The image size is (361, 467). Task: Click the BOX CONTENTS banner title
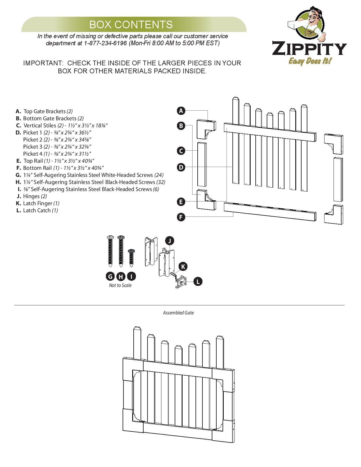(131, 25)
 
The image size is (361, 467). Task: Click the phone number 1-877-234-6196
(105, 43)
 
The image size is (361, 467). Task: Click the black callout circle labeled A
(181, 111)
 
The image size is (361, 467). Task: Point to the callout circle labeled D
(181, 167)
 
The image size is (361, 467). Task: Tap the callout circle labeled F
(181, 217)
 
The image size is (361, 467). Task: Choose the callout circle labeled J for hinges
(169, 241)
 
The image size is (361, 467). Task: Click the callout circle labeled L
(198, 281)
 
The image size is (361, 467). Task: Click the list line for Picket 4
(57, 154)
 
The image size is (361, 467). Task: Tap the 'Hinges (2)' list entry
(35, 196)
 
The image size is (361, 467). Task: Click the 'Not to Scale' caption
(120, 285)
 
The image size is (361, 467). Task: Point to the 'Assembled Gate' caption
(178, 313)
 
